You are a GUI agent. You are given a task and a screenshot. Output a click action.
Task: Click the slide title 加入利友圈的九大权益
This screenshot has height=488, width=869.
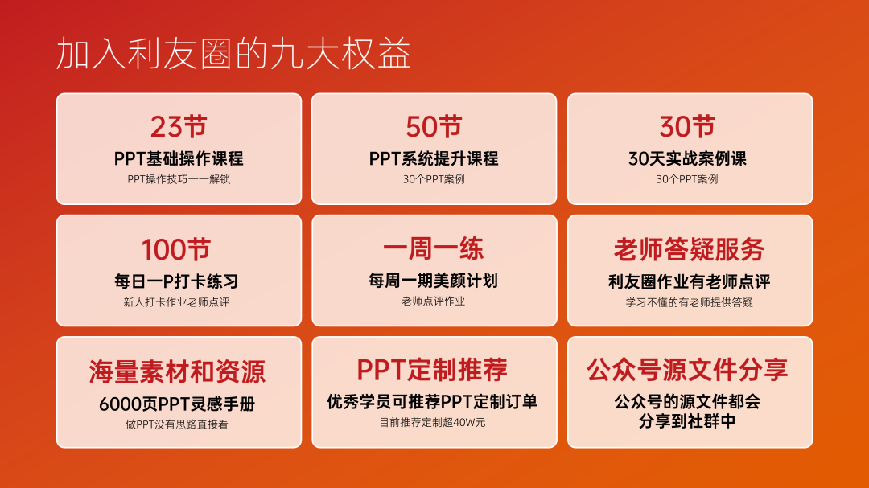233,54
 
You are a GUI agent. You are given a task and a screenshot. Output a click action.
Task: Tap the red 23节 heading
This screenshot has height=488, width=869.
179,127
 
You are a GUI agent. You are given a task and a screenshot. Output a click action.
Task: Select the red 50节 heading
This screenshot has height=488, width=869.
434,127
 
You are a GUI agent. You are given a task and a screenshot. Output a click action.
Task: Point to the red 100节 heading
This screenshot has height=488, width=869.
176,249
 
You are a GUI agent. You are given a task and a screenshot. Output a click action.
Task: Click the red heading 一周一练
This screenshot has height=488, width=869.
434,248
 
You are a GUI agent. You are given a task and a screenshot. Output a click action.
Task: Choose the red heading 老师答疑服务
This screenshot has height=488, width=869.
689,249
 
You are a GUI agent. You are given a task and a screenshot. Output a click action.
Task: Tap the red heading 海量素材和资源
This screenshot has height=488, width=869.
177,371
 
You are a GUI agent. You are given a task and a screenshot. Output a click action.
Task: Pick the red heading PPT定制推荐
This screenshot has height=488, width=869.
432,370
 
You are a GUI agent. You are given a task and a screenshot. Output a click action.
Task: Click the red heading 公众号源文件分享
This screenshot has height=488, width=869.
687,370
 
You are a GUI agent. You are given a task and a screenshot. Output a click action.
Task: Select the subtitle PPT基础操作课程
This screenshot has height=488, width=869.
179,159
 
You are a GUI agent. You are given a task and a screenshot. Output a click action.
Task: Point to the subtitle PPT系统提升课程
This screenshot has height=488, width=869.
434,159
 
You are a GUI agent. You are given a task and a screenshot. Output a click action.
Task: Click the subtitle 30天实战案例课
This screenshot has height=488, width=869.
687,159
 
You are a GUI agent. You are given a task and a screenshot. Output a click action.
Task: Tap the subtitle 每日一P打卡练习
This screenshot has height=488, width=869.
176,281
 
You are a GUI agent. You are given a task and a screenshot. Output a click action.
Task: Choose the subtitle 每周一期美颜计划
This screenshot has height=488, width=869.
434,281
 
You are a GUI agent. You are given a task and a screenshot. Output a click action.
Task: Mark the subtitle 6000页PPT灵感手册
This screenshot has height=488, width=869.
177,404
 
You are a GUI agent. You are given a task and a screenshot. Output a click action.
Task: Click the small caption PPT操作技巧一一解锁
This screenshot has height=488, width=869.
179,179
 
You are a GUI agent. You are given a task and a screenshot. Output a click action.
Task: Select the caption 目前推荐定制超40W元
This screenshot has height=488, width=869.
432,423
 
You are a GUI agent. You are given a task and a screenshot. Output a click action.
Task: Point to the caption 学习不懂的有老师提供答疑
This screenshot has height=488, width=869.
689,302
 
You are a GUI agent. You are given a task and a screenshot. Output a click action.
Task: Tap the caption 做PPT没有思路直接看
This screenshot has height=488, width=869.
177,424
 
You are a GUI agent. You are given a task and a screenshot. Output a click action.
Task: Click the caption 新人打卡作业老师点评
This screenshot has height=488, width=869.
176,302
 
